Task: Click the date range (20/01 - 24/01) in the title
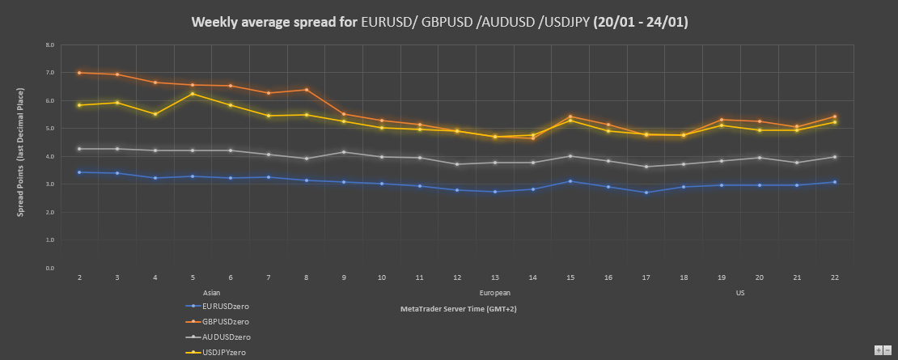tap(640, 22)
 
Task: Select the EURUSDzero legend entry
tap(226, 306)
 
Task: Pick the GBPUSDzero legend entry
tap(226, 321)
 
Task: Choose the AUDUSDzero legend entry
tap(226, 337)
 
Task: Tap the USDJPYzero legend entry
tap(225, 352)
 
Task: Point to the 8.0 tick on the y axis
tap(50, 44)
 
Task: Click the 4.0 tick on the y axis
tap(50, 156)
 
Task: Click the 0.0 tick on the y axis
tap(50, 268)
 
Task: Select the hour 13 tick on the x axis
tap(495, 277)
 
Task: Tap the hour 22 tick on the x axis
tap(834, 277)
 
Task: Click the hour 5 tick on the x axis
tap(193, 277)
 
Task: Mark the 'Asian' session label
tap(211, 292)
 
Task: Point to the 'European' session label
tap(494, 292)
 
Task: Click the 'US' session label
tap(739, 292)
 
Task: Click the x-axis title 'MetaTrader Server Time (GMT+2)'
tap(458, 309)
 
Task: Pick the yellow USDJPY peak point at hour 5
tap(193, 94)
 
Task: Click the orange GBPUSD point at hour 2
tap(79, 73)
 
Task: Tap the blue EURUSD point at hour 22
tap(834, 182)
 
